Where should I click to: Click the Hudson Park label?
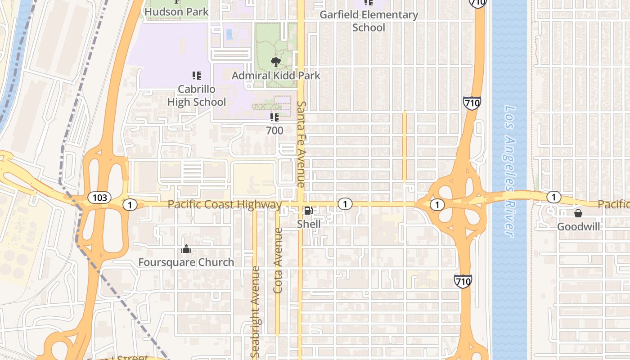tap(176, 12)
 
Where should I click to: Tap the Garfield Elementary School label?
tap(369, 21)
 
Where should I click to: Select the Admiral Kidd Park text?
tap(276, 75)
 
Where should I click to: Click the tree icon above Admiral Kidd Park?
tap(275, 62)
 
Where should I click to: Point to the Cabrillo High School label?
tap(197, 95)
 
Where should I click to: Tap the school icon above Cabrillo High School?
tap(196, 76)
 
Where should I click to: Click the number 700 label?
tap(274, 130)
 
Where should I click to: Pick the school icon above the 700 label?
tap(274, 118)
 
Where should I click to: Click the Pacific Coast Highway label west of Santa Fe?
tap(225, 205)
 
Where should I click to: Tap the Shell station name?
tap(309, 224)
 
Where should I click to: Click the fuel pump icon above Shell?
tap(309, 211)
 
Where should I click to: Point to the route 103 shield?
tap(99, 197)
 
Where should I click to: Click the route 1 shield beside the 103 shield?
tap(130, 205)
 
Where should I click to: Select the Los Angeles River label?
tap(509, 171)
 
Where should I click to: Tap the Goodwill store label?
tap(579, 226)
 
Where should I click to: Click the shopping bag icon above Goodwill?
tap(578, 213)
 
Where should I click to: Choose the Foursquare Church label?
tap(186, 262)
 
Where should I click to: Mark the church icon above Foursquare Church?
tap(186, 249)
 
